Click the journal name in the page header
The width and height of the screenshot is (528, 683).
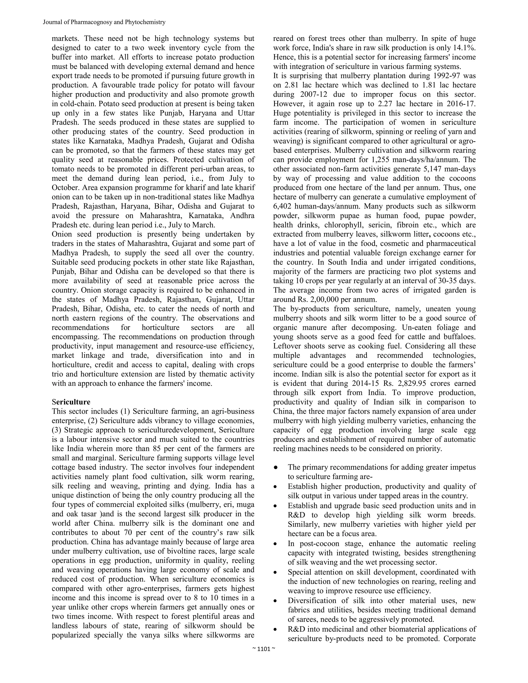tap(104, 22)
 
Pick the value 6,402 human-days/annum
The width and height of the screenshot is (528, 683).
tap(282, 206)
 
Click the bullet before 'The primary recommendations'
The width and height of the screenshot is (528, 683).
tap(276, 468)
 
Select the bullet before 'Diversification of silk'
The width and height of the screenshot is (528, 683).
tap(275, 601)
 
